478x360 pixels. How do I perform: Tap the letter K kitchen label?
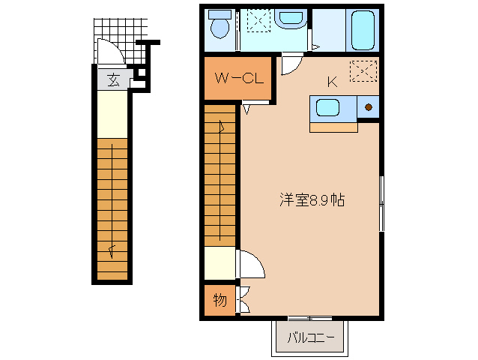click(331, 82)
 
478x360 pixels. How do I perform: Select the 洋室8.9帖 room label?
click(312, 200)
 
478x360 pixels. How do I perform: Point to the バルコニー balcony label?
click(310, 338)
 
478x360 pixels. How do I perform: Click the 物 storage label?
click(220, 301)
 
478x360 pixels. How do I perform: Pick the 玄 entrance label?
click(113, 79)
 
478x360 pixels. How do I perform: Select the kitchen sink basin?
click(328, 108)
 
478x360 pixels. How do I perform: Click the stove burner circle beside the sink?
click(369, 107)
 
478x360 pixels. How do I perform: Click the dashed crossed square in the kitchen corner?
click(363, 70)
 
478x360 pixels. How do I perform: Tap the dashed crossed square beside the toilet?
click(258, 21)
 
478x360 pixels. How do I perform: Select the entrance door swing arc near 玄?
click(110, 52)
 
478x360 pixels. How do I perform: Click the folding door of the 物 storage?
click(243, 300)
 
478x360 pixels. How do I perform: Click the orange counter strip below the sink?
click(333, 126)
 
